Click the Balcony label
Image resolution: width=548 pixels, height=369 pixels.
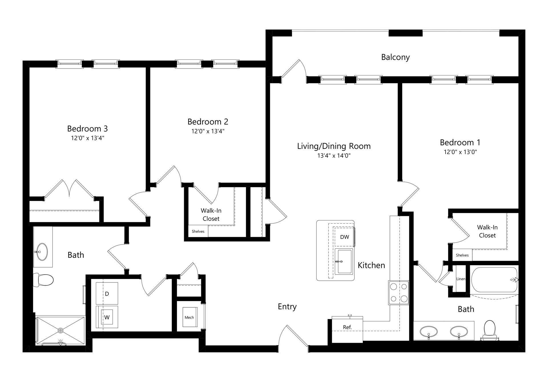pos(395,57)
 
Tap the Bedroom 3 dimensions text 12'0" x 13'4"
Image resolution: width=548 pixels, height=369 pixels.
pos(87,138)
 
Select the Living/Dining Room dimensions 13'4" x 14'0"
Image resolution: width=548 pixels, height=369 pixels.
pos(334,156)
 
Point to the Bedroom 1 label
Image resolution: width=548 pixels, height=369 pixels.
pos(460,142)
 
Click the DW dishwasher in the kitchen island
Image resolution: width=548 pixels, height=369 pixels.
pos(344,237)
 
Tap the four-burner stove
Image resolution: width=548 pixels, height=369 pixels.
pos(398,292)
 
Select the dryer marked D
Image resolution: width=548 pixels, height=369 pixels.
pos(107,294)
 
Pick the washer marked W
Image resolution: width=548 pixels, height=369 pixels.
pos(107,317)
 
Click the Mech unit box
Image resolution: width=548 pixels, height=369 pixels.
pos(189,317)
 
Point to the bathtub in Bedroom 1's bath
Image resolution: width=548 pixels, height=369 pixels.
pos(494,280)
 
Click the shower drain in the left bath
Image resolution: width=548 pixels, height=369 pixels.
pos(61,330)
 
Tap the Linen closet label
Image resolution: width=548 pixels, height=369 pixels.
pos(461,279)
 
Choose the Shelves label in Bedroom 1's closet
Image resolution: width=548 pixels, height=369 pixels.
pos(462,255)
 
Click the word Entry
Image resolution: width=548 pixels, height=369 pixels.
pos(287,306)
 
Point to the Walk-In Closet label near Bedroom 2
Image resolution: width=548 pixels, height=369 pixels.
pos(211,214)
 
